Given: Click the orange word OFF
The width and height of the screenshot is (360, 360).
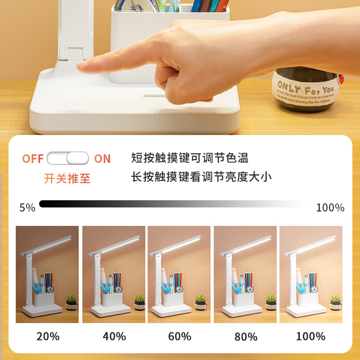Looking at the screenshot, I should point(33,159).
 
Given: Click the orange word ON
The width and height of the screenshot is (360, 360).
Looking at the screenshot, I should point(102,159).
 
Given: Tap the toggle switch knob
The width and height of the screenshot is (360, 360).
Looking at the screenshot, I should point(78,158).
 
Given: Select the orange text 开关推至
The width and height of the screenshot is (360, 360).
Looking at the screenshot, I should point(67,178).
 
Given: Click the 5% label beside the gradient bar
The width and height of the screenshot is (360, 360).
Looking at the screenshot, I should point(27,207).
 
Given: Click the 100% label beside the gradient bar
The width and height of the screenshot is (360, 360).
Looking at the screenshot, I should point(330,207).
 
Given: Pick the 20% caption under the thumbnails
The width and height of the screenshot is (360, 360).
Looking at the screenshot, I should point(47,336).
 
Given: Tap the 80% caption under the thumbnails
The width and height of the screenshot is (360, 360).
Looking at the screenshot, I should point(245,337).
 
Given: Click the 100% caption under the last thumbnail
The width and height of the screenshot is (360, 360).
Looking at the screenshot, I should point(310,336).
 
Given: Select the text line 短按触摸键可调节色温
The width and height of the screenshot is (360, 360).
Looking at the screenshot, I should point(189,158).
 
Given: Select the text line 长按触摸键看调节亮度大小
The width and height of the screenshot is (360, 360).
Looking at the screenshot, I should point(201,177).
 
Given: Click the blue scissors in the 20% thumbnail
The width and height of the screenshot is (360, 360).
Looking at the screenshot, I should point(37,287).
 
